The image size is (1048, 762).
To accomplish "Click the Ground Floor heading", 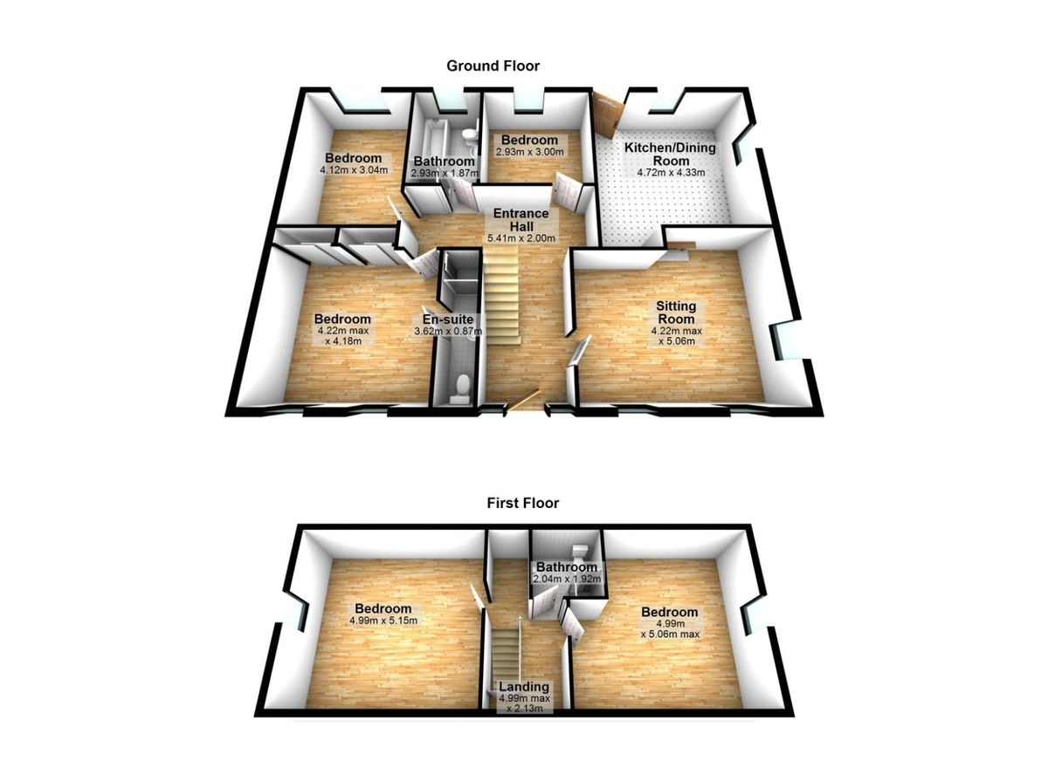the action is point(493,66).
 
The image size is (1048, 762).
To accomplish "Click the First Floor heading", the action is point(522,503).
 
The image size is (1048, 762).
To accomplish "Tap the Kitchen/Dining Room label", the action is point(671,154).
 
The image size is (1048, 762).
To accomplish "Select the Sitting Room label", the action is point(676,312).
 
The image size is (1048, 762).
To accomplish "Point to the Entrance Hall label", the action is point(521,220).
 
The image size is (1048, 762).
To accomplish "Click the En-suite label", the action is point(448,319).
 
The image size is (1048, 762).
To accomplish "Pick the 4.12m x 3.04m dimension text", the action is point(354,169).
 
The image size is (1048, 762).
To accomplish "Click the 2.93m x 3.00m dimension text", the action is point(529,152).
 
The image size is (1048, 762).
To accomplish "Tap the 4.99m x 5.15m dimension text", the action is point(383,621).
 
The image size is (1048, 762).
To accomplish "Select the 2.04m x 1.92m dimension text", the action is point(567,579).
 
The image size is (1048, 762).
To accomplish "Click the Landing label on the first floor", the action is point(524,687).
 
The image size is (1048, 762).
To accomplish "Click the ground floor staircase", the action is point(501,296).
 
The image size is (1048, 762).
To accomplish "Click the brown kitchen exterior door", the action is point(608,115).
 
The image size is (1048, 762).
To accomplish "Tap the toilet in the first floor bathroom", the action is point(581,550).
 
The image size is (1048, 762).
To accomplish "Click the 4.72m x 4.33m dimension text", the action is point(671,173).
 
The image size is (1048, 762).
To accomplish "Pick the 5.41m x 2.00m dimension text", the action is point(521,238).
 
